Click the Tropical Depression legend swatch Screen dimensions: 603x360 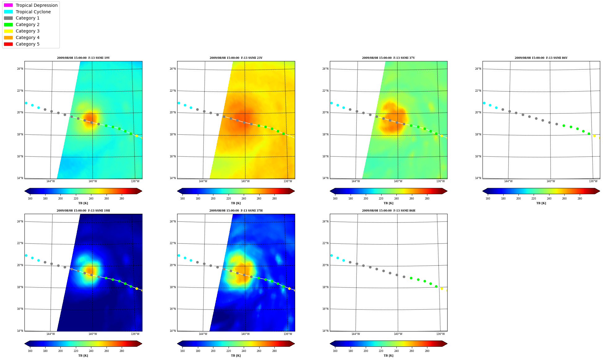(x=8, y=5)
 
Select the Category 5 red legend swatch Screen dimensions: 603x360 (x=8, y=44)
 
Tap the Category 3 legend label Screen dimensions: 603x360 (x=28, y=31)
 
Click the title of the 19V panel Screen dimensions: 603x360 (x=83, y=58)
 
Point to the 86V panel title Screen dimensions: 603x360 (x=541, y=58)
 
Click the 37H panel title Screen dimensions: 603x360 (x=236, y=211)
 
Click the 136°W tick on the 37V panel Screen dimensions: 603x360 (x=440, y=181)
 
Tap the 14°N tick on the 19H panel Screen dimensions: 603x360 (x=20, y=331)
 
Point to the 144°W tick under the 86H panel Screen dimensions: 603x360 (x=356, y=334)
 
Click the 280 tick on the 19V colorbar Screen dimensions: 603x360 (x=122, y=199)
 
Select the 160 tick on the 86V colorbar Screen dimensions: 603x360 (x=488, y=199)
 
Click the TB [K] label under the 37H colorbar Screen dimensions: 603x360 (x=236, y=356)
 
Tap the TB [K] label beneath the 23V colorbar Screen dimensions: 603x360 (x=236, y=203)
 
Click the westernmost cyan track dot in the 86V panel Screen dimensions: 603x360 (x=484, y=103)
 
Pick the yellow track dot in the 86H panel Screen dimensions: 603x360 (x=442, y=288)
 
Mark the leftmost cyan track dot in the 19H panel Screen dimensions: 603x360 (x=26, y=255)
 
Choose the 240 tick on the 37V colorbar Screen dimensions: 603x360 (x=396, y=199)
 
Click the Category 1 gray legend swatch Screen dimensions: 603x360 (x=8, y=18)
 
